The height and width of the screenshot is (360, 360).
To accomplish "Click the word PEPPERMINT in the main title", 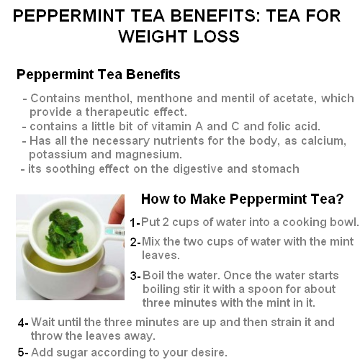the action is coord(69,16).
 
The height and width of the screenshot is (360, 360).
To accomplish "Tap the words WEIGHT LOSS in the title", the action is coord(179,37).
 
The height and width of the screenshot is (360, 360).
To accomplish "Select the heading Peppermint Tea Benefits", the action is coord(99,74).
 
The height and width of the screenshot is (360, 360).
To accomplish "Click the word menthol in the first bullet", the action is coord(108,98).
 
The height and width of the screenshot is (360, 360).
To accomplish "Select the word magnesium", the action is coord(148,155).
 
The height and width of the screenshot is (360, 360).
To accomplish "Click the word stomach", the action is coord(275,168).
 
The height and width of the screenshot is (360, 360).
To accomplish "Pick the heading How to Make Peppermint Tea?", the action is coord(243,199).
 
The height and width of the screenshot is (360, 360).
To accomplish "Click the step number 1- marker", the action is coord(135,222).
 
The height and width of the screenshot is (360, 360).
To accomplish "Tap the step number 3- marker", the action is coord(135,276).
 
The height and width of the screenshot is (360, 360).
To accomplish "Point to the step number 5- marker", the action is coord(23,353).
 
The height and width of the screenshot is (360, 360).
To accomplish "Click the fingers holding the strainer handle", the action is coord(117,211).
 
